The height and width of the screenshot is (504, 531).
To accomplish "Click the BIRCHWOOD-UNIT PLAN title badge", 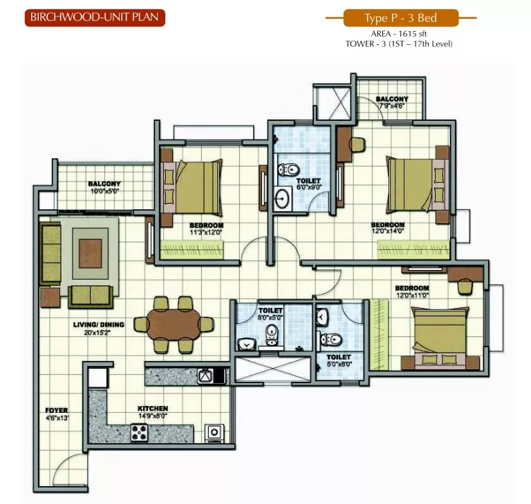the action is click(95, 17).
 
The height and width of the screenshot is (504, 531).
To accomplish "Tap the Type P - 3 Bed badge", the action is click(401, 18).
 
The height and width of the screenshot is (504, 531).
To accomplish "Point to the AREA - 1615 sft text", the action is click(399, 34).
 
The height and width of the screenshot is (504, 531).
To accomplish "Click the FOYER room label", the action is click(57, 411).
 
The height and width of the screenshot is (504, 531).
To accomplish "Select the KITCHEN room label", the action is click(153, 409).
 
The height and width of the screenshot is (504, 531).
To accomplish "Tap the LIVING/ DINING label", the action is click(99, 324).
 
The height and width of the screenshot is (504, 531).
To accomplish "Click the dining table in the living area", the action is click(174, 324).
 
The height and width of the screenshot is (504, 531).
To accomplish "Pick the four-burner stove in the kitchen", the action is click(140, 433).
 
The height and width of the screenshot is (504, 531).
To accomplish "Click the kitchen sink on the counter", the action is click(207, 376).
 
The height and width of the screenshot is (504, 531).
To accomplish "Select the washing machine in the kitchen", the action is click(214, 434).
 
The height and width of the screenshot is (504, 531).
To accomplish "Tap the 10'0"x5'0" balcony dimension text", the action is click(104, 191).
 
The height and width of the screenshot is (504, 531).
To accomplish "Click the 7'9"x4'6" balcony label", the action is click(392, 106).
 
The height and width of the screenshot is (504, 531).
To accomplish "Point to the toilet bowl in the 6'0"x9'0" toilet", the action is click(288, 168).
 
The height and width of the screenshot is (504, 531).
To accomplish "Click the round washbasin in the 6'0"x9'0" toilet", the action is click(282, 199).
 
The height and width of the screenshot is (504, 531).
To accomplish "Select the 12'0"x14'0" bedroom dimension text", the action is click(388, 231).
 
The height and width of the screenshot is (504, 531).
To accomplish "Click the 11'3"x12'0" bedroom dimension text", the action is click(206, 233).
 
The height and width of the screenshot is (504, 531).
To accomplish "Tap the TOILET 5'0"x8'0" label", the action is click(339, 360).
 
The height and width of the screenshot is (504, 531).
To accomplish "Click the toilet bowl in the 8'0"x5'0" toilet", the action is click(272, 336).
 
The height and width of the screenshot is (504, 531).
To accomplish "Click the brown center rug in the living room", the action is click(91, 253).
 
